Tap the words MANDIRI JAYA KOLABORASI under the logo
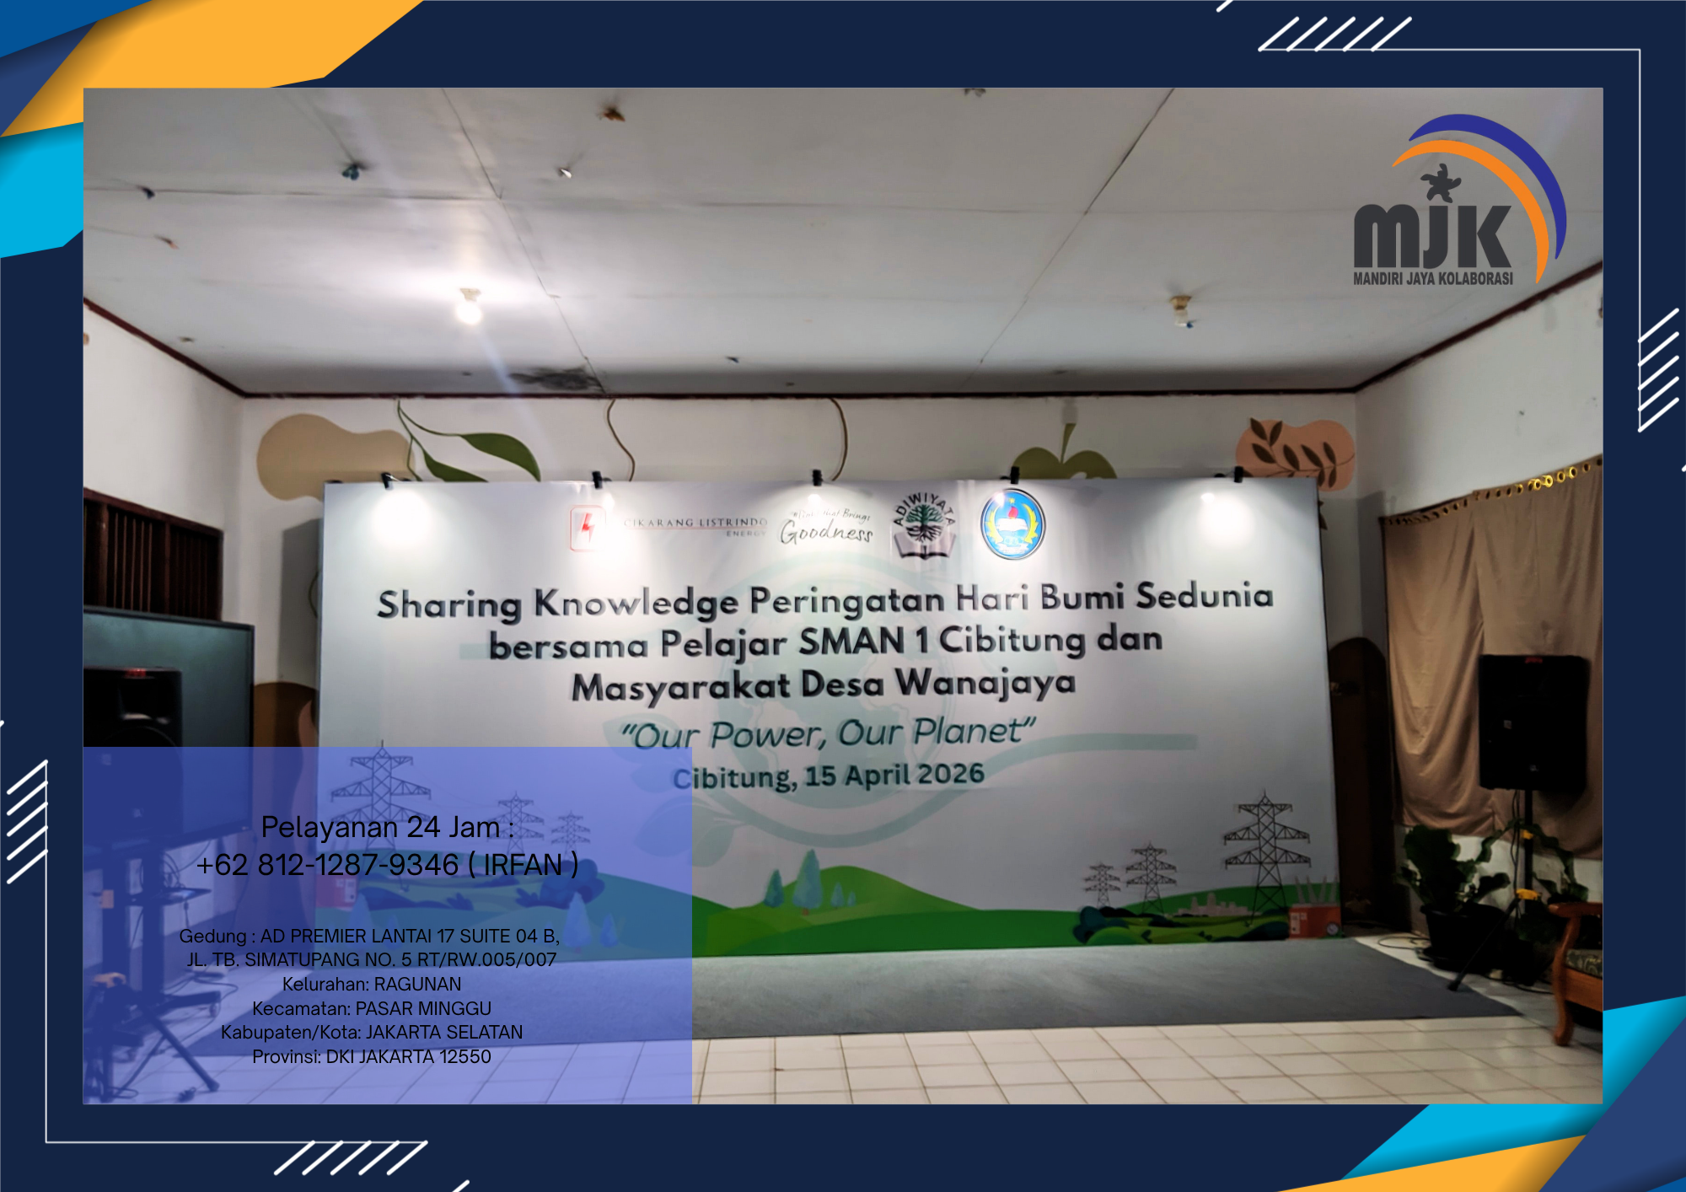[1432, 278]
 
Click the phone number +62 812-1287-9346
[328, 865]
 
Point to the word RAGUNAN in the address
[417, 984]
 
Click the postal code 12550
[464, 1056]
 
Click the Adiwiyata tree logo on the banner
[924, 524]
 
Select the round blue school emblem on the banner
[1012, 524]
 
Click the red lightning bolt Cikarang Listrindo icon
[587, 528]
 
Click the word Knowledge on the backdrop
[636, 603]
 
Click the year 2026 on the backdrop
[950, 774]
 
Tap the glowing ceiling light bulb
[469, 309]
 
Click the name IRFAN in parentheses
[523, 865]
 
